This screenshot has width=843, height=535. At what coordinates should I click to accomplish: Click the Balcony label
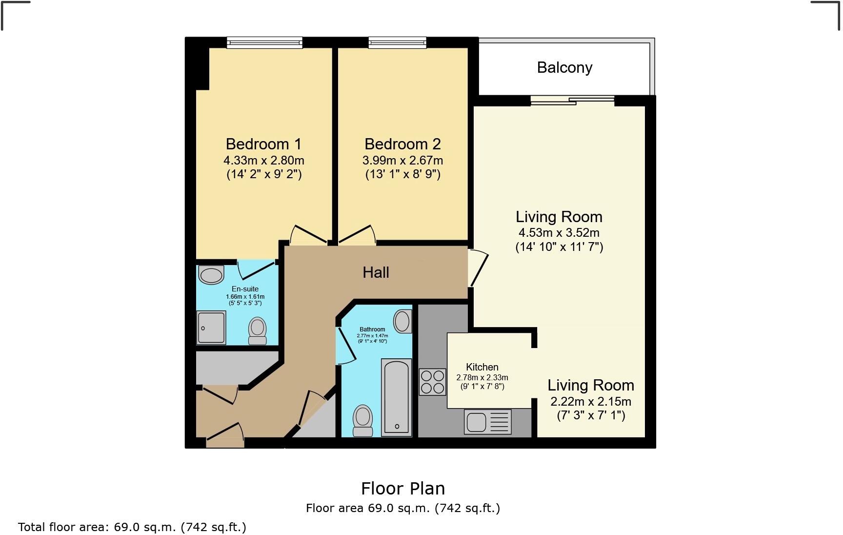[x=564, y=67]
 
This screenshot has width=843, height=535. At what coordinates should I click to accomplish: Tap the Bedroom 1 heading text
[x=263, y=144]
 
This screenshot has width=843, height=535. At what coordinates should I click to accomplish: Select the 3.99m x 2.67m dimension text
[x=402, y=160]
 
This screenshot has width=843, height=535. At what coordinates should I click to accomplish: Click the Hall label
[x=376, y=272]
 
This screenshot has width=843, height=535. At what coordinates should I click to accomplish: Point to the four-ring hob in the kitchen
[x=432, y=382]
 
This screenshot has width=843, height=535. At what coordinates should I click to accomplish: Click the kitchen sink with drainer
[x=487, y=422]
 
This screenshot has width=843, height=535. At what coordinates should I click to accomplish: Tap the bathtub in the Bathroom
[x=396, y=397]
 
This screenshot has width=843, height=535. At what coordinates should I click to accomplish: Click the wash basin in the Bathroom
[x=402, y=321]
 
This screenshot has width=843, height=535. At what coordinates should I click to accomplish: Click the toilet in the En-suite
[x=257, y=331]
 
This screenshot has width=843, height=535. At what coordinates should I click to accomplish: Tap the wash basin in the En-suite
[x=211, y=275]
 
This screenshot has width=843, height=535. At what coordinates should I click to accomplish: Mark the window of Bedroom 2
[x=397, y=43]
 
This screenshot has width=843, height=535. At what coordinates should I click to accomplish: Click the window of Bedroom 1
[x=264, y=43]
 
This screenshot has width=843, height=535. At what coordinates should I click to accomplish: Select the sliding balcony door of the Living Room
[x=572, y=101]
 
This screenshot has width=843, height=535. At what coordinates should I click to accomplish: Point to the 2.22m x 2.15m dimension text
[x=591, y=402]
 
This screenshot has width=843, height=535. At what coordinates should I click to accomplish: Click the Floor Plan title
[x=402, y=488]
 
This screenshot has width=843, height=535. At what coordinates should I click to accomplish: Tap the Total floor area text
[x=132, y=527]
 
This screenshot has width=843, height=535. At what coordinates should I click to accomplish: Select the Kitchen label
[x=482, y=367]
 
